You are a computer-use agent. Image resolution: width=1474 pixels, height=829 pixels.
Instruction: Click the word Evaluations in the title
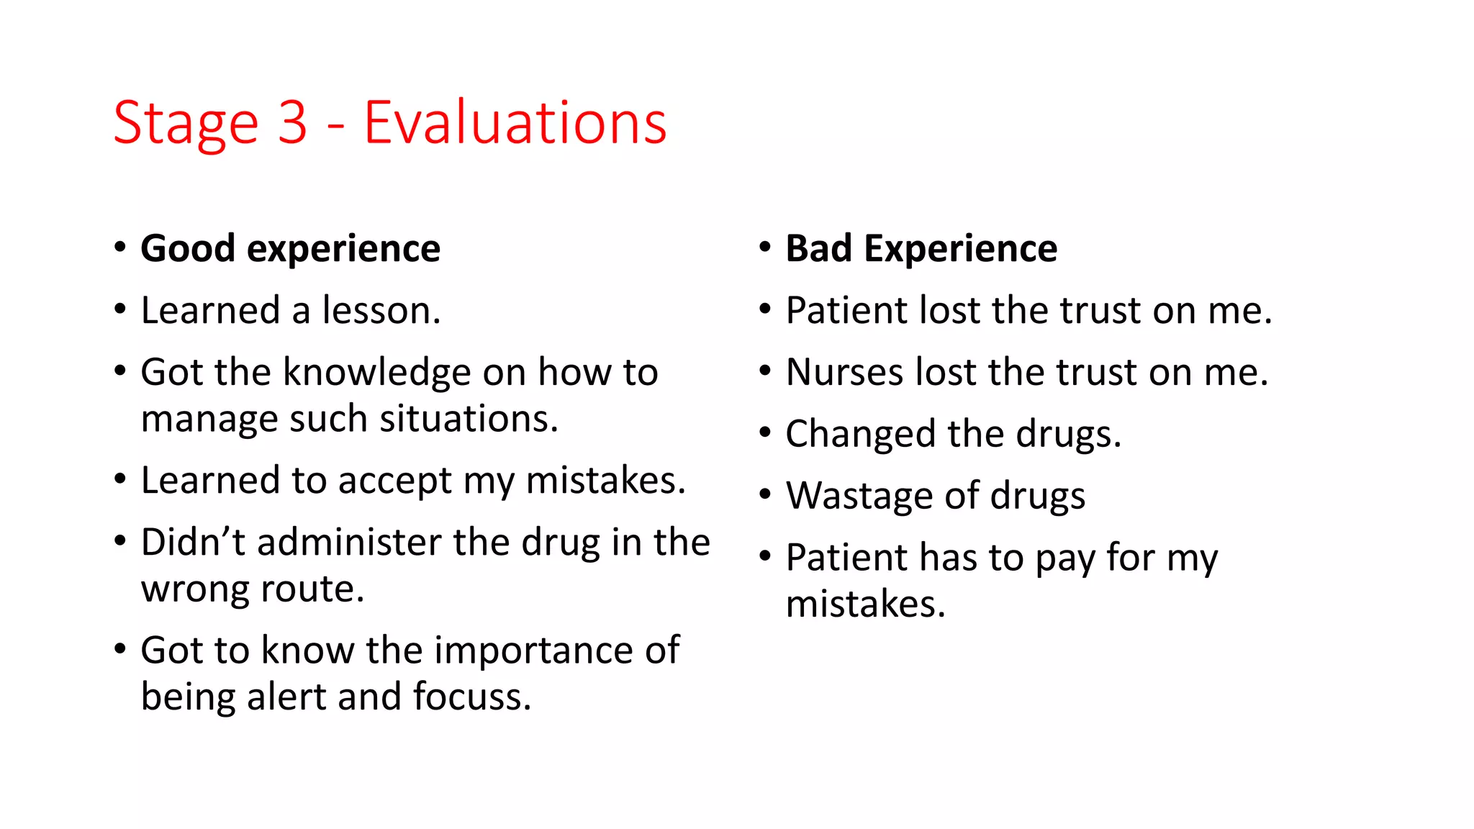pos(515,123)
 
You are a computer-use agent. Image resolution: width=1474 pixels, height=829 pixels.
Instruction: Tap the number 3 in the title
pos(292,123)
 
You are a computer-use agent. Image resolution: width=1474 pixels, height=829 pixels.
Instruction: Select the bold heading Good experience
pos(290,249)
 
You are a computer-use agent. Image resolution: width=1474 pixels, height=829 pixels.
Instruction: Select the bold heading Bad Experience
pos(921,249)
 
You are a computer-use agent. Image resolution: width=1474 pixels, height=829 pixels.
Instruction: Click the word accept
pos(394,481)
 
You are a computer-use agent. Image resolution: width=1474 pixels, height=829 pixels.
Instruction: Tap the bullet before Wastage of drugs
pos(765,494)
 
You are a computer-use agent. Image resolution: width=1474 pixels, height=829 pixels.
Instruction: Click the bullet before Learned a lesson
pos(120,309)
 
